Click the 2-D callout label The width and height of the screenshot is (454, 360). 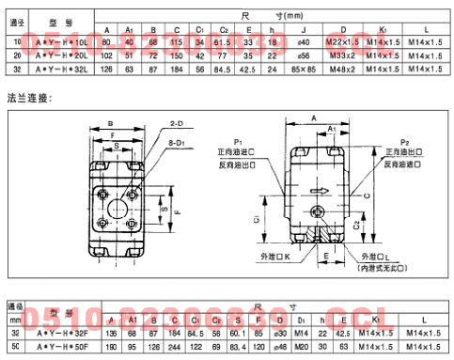[x=176, y=122]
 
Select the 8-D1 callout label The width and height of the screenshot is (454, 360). [x=176, y=142]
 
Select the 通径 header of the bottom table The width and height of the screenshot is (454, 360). [x=15, y=305]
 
